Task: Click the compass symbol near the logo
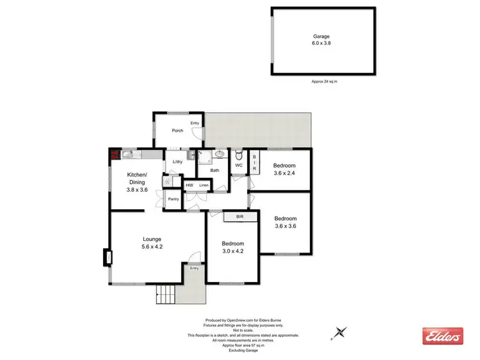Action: click(340, 332)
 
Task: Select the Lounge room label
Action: click(152, 239)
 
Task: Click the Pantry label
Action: click(173, 200)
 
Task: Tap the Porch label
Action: click(177, 130)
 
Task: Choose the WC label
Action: click(238, 166)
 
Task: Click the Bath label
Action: click(215, 170)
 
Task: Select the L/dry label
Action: click(178, 162)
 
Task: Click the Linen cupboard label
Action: click(203, 185)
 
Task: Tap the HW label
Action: click(189, 185)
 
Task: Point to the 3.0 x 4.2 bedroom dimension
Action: click(233, 251)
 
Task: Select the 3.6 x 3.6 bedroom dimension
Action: click(285, 226)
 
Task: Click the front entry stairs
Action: click(166, 295)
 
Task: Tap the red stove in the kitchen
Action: click(115, 155)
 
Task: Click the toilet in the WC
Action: click(238, 155)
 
